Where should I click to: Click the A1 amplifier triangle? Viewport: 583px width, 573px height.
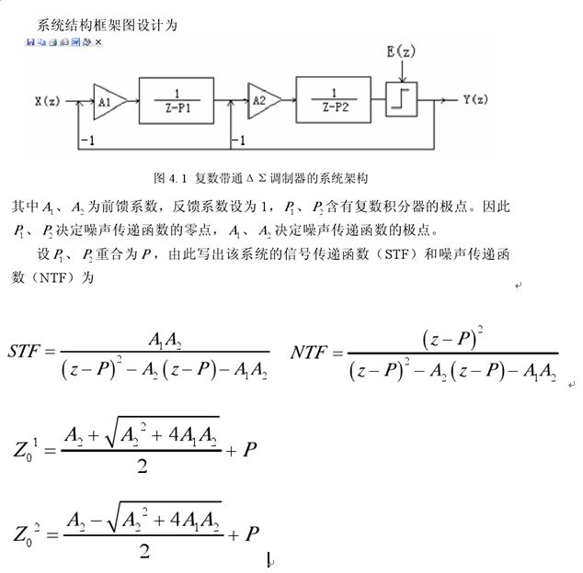pyautogui.click(x=104, y=97)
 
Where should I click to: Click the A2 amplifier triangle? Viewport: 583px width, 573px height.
pyautogui.click(x=259, y=97)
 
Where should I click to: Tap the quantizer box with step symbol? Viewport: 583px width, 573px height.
pyautogui.click(x=402, y=98)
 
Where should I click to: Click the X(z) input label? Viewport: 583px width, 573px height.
pyautogui.click(x=49, y=98)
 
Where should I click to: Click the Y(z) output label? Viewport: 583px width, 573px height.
pyautogui.click(x=475, y=98)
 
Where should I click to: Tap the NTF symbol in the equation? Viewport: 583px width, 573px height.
pyautogui.click(x=310, y=352)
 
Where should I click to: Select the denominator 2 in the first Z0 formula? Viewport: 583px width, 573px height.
pyautogui.click(x=143, y=466)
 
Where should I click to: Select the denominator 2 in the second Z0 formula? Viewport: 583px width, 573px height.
pyautogui.click(x=143, y=551)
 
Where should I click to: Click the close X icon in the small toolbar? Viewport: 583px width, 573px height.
pyautogui.click(x=98, y=42)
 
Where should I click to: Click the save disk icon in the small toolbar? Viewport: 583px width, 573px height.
pyautogui.click(x=30, y=42)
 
